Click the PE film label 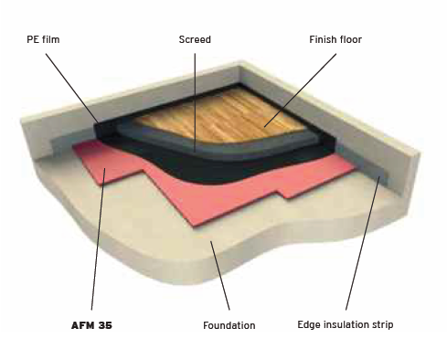coord(43,39)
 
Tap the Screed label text coord(195,39)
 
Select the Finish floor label coord(335,39)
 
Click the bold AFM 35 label coord(91,325)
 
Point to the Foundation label coord(229,325)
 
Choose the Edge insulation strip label coord(346,324)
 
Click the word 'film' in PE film coord(51,39)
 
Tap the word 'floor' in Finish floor coord(349,39)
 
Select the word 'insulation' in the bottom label coord(346,324)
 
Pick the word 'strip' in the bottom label coord(382,325)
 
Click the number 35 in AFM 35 coord(105,325)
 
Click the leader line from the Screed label coord(195,102)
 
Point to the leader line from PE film coord(72,89)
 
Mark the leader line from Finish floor coord(300,90)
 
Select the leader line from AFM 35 coord(98,238)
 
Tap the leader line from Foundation coord(219,275)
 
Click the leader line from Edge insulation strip coord(363,243)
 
